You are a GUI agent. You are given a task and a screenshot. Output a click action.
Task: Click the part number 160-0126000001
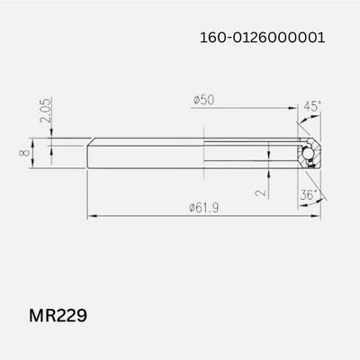262,39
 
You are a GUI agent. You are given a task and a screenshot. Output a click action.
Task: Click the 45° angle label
312,106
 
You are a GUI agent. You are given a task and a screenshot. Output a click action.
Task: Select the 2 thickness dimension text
260,191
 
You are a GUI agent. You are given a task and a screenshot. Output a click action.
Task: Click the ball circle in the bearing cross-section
307,155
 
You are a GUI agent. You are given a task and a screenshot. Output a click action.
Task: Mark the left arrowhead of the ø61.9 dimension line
90,216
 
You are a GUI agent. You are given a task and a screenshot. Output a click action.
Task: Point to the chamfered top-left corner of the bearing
90,141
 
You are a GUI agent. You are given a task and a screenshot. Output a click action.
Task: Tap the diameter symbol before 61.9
193,208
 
